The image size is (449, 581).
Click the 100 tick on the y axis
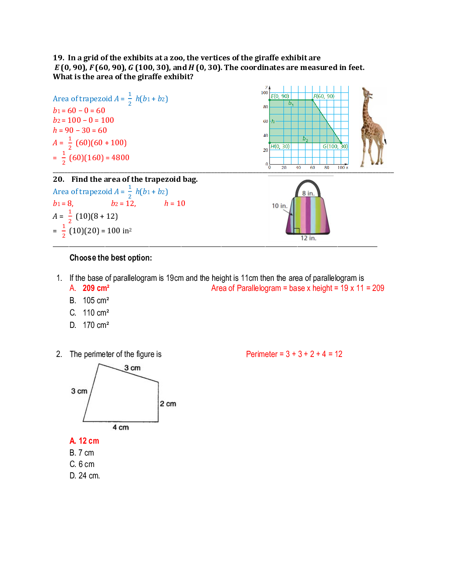click(264, 93)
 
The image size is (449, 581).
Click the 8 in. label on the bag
click(308, 193)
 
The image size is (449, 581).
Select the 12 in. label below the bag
click(308, 238)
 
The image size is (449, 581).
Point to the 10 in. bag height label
click(279, 206)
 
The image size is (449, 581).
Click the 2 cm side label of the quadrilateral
click(168, 404)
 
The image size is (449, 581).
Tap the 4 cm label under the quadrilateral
click(121, 427)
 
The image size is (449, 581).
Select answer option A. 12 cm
click(85, 441)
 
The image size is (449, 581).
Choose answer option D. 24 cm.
click(85, 476)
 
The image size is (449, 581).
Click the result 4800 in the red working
click(120, 158)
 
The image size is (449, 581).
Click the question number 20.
click(59, 179)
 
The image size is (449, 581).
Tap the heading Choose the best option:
click(110, 258)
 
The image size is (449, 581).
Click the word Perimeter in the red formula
click(261, 354)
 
